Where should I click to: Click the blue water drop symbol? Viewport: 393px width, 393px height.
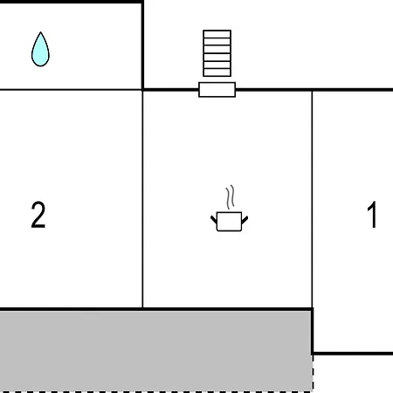(x=40, y=50)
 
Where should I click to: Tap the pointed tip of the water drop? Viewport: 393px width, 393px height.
(x=40, y=32)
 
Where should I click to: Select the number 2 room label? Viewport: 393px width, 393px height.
(x=38, y=215)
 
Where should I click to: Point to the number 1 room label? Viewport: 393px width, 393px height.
(x=372, y=215)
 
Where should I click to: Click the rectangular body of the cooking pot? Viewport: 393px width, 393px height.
(x=229, y=222)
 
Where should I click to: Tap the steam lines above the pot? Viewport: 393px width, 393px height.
(x=230, y=197)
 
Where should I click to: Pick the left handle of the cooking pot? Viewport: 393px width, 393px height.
(x=214, y=219)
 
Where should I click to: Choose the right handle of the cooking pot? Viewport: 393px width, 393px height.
(x=245, y=220)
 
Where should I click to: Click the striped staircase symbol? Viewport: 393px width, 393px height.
(x=217, y=53)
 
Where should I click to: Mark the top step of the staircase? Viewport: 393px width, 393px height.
(x=217, y=34)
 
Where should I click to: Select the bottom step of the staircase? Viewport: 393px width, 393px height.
(x=217, y=72)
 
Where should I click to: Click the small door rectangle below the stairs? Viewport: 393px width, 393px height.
(x=217, y=90)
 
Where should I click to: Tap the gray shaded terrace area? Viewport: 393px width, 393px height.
(x=155, y=351)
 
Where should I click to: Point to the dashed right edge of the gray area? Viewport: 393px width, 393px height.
(x=313, y=373)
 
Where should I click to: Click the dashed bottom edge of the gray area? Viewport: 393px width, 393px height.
(x=156, y=392)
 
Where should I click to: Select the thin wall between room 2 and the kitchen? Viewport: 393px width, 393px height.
(x=142, y=199)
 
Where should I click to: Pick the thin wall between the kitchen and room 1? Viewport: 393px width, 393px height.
(x=312, y=199)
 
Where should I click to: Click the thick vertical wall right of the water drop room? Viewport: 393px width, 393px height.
(x=142, y=45)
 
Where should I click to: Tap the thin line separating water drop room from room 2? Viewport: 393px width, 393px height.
(x=71, y=90)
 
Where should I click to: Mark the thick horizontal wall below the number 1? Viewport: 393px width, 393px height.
(x=353, y=354)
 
